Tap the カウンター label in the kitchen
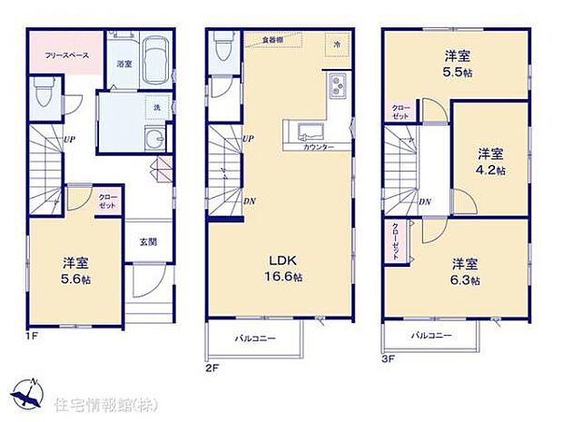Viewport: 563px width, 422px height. [317, 147]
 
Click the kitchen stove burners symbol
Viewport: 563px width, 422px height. [337, 86]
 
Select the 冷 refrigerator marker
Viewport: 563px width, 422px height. [337, 44]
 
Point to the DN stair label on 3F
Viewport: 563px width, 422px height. [425, 201]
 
